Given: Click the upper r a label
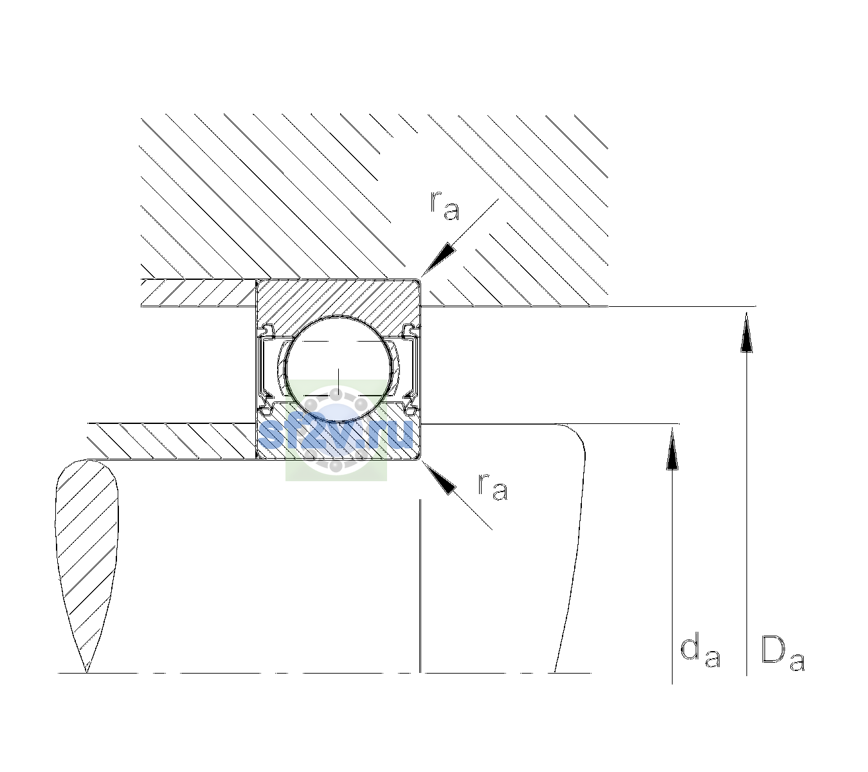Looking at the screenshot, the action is pyautogui.click(x=445, y=205).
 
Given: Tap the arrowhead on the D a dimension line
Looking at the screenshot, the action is pyautogui.click(x=746, y=331).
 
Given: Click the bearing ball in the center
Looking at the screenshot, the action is pyautogui.click(x=338, y=369).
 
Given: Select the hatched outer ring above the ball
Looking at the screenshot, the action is pyautogui.click(x=338, y=299).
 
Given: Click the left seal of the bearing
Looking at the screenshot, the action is pyautogui.click(x=266, y=369).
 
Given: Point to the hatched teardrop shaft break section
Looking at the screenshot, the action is pyautogui.click(x=87, y=557).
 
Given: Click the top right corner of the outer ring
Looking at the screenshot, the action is pyautogui.click(x=420, y=279).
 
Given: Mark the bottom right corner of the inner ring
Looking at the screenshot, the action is pyautogui.click(x=420, y=459).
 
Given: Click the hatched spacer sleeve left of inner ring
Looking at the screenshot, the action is pyautogui.click(x=172, y=441).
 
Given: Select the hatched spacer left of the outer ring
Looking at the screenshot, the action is pyautogui.click(x=199, y=293).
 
